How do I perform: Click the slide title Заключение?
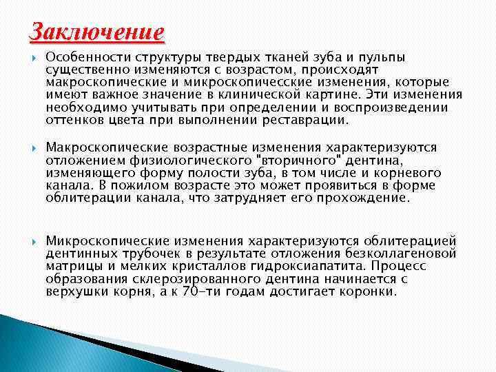[x=96, y=33]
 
